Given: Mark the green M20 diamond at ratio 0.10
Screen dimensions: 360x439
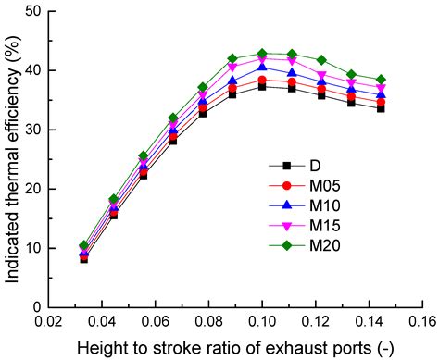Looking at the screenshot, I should (x=262, y=54).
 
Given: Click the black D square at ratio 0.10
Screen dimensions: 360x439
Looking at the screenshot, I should (x=262, y=86).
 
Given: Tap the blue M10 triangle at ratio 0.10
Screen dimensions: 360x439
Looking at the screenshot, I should (x=262, y=68).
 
